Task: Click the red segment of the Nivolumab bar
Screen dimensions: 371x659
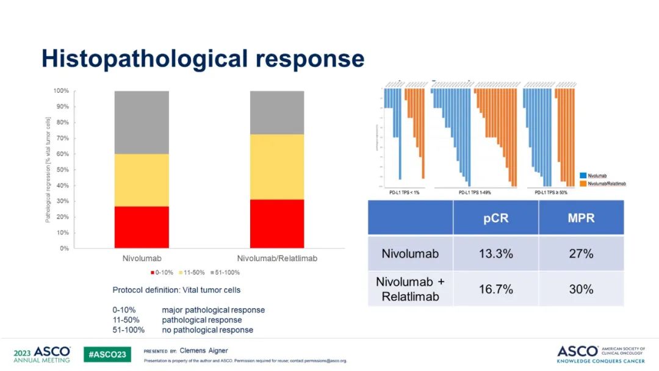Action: [x=142, y=227]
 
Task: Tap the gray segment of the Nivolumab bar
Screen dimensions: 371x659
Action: [x=142, y=122]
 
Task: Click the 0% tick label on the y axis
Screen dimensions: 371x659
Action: [x=64, y=248]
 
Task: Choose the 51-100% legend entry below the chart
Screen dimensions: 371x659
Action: [x=225, y=272]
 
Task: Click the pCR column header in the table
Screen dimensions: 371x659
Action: [x=495, y=218]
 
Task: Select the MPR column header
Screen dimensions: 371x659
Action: [x=581, y=218]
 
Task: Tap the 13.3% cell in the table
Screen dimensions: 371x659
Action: [x=495, y=253]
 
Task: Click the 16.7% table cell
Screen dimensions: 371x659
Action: [x=495, y=289]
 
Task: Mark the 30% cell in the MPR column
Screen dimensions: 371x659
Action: [x=581, y=289]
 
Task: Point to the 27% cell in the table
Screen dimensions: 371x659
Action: [x=581, y=253]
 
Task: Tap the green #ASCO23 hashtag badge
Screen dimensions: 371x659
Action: [x=107, y=355]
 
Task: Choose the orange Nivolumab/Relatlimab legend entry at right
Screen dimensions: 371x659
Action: [x=606, y=183]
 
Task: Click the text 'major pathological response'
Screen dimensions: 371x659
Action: [x=213, y=310]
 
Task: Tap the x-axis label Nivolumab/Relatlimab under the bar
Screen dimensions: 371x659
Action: [x=277, y=258]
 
